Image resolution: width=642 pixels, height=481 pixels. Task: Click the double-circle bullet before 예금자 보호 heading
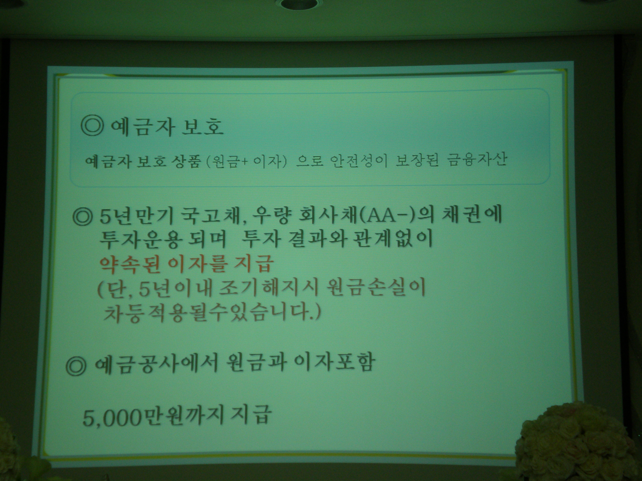(92, 127)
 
